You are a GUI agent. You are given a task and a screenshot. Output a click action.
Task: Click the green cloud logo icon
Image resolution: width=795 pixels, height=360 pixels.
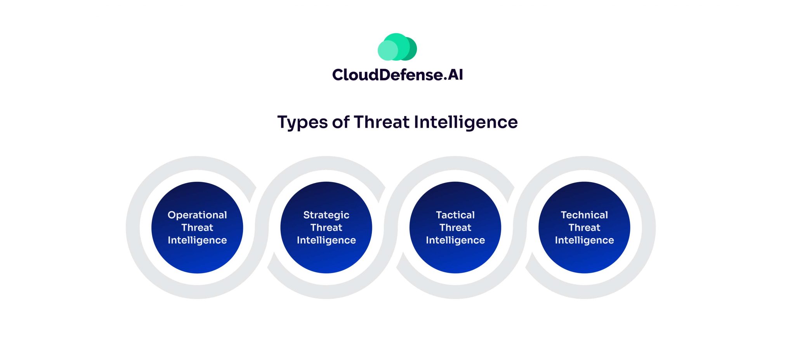pos(397,47)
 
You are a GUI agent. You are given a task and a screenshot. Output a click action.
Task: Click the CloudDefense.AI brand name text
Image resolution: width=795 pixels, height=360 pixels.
pos(397,75)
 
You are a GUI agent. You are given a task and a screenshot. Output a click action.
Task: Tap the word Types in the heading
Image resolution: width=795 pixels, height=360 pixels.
pos(302,122)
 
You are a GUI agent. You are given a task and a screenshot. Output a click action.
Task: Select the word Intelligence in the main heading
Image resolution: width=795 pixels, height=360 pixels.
pos(465,122)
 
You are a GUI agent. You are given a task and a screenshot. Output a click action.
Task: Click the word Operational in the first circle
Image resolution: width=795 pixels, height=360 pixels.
pos(197,215)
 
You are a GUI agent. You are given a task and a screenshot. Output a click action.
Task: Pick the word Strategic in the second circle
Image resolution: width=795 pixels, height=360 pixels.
pos(326,215)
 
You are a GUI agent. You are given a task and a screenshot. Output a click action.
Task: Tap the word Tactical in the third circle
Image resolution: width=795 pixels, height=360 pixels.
pos(455,215)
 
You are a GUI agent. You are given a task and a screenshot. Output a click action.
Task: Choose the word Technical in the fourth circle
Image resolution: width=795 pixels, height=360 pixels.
pos(584,215)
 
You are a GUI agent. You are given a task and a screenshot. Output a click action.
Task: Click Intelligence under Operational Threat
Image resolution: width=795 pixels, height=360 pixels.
pos(197,240)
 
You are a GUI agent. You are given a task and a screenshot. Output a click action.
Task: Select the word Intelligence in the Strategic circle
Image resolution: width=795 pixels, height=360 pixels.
pos(326,240)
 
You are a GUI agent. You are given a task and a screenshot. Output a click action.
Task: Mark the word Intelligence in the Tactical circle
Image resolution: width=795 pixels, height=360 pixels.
pos(455,240)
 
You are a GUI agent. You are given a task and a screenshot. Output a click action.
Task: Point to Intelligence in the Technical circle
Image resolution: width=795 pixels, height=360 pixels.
pos(584,240)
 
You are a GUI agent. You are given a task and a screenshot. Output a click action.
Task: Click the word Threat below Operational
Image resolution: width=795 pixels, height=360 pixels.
pos(197,228)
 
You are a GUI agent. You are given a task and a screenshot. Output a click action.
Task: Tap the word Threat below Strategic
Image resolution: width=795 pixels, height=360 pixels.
pos(326,228)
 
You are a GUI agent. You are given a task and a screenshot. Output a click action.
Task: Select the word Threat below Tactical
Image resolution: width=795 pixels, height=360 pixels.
pos(455,228)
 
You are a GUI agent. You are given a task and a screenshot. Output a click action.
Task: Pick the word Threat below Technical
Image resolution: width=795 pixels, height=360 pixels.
pos(584,228)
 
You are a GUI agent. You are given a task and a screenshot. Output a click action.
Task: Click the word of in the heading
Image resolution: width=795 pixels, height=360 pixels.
pos(340,122)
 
